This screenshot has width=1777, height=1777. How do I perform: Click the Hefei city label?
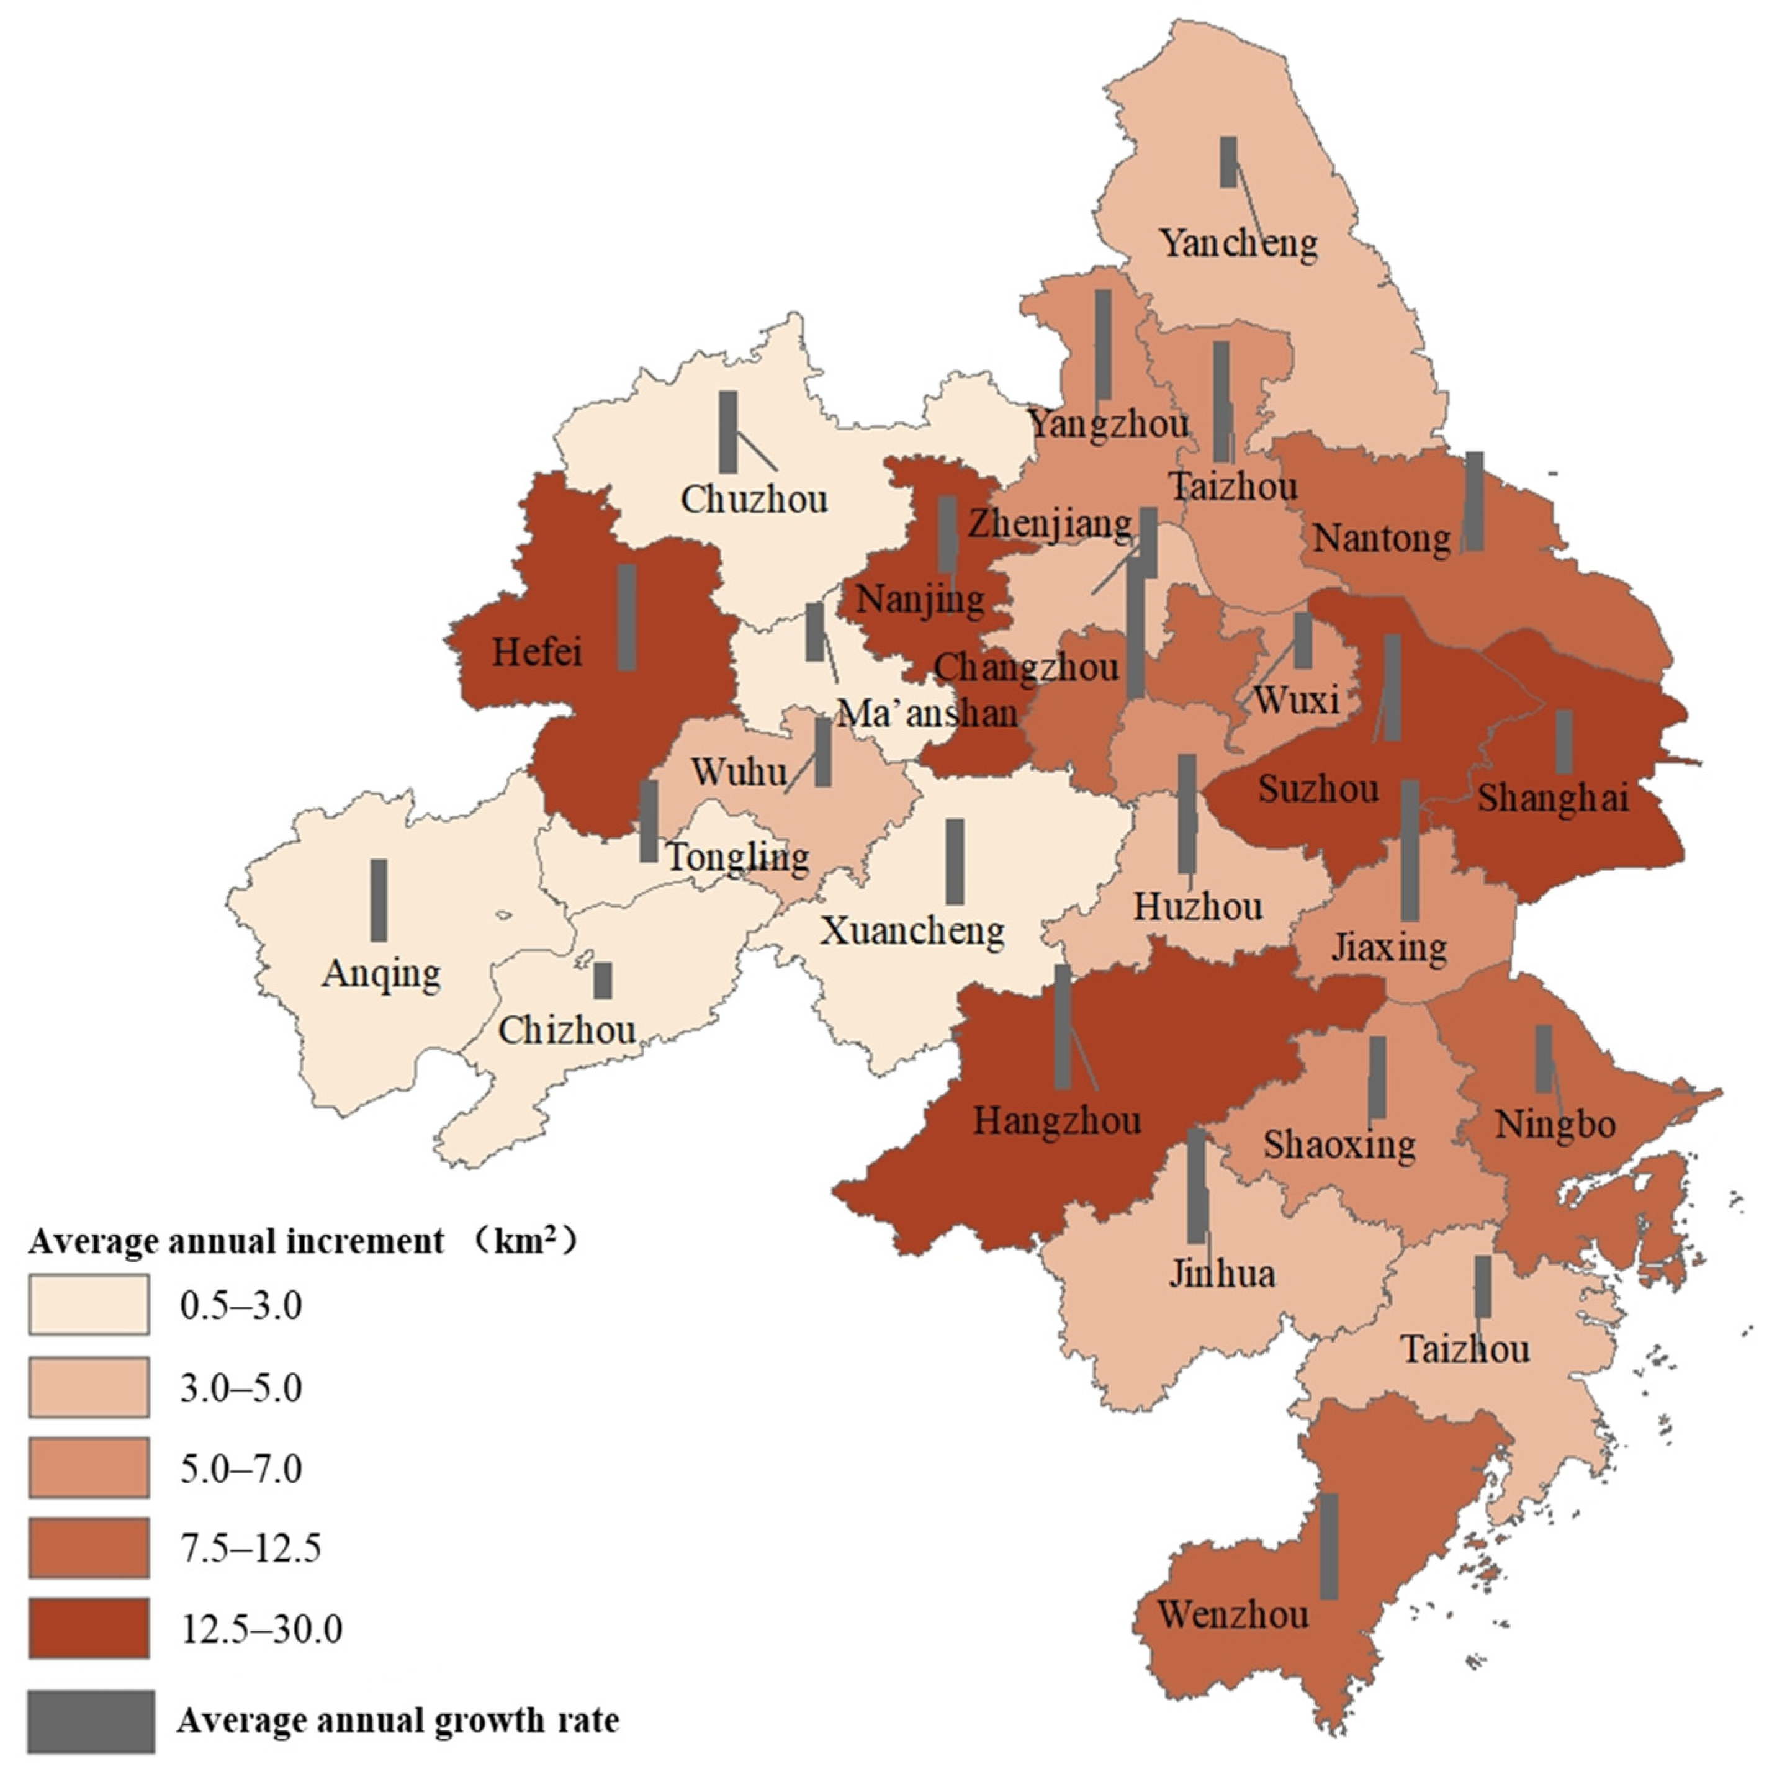coord(537,652)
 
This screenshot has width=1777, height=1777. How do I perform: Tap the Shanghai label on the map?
coord(1552,798)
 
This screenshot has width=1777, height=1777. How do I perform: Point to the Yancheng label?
coord(1238,244)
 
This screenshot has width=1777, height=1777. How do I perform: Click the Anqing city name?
coord(381,973)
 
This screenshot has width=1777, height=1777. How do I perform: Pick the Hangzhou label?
coord(1057,1121)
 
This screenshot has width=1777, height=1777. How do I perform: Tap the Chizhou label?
coord(567,1030)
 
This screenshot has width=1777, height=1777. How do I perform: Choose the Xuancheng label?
coord(912,931)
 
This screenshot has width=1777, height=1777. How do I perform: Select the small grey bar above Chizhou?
coord(603,981)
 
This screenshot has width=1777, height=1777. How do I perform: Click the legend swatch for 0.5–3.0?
coord(88,1304)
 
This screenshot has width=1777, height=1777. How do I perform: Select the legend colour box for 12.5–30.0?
coord(88,1628)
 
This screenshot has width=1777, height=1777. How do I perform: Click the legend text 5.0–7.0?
coord(241,1469)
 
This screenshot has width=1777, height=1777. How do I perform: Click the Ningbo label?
coord(1554,1125)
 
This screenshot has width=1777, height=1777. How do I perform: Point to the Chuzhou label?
coord(754,500)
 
